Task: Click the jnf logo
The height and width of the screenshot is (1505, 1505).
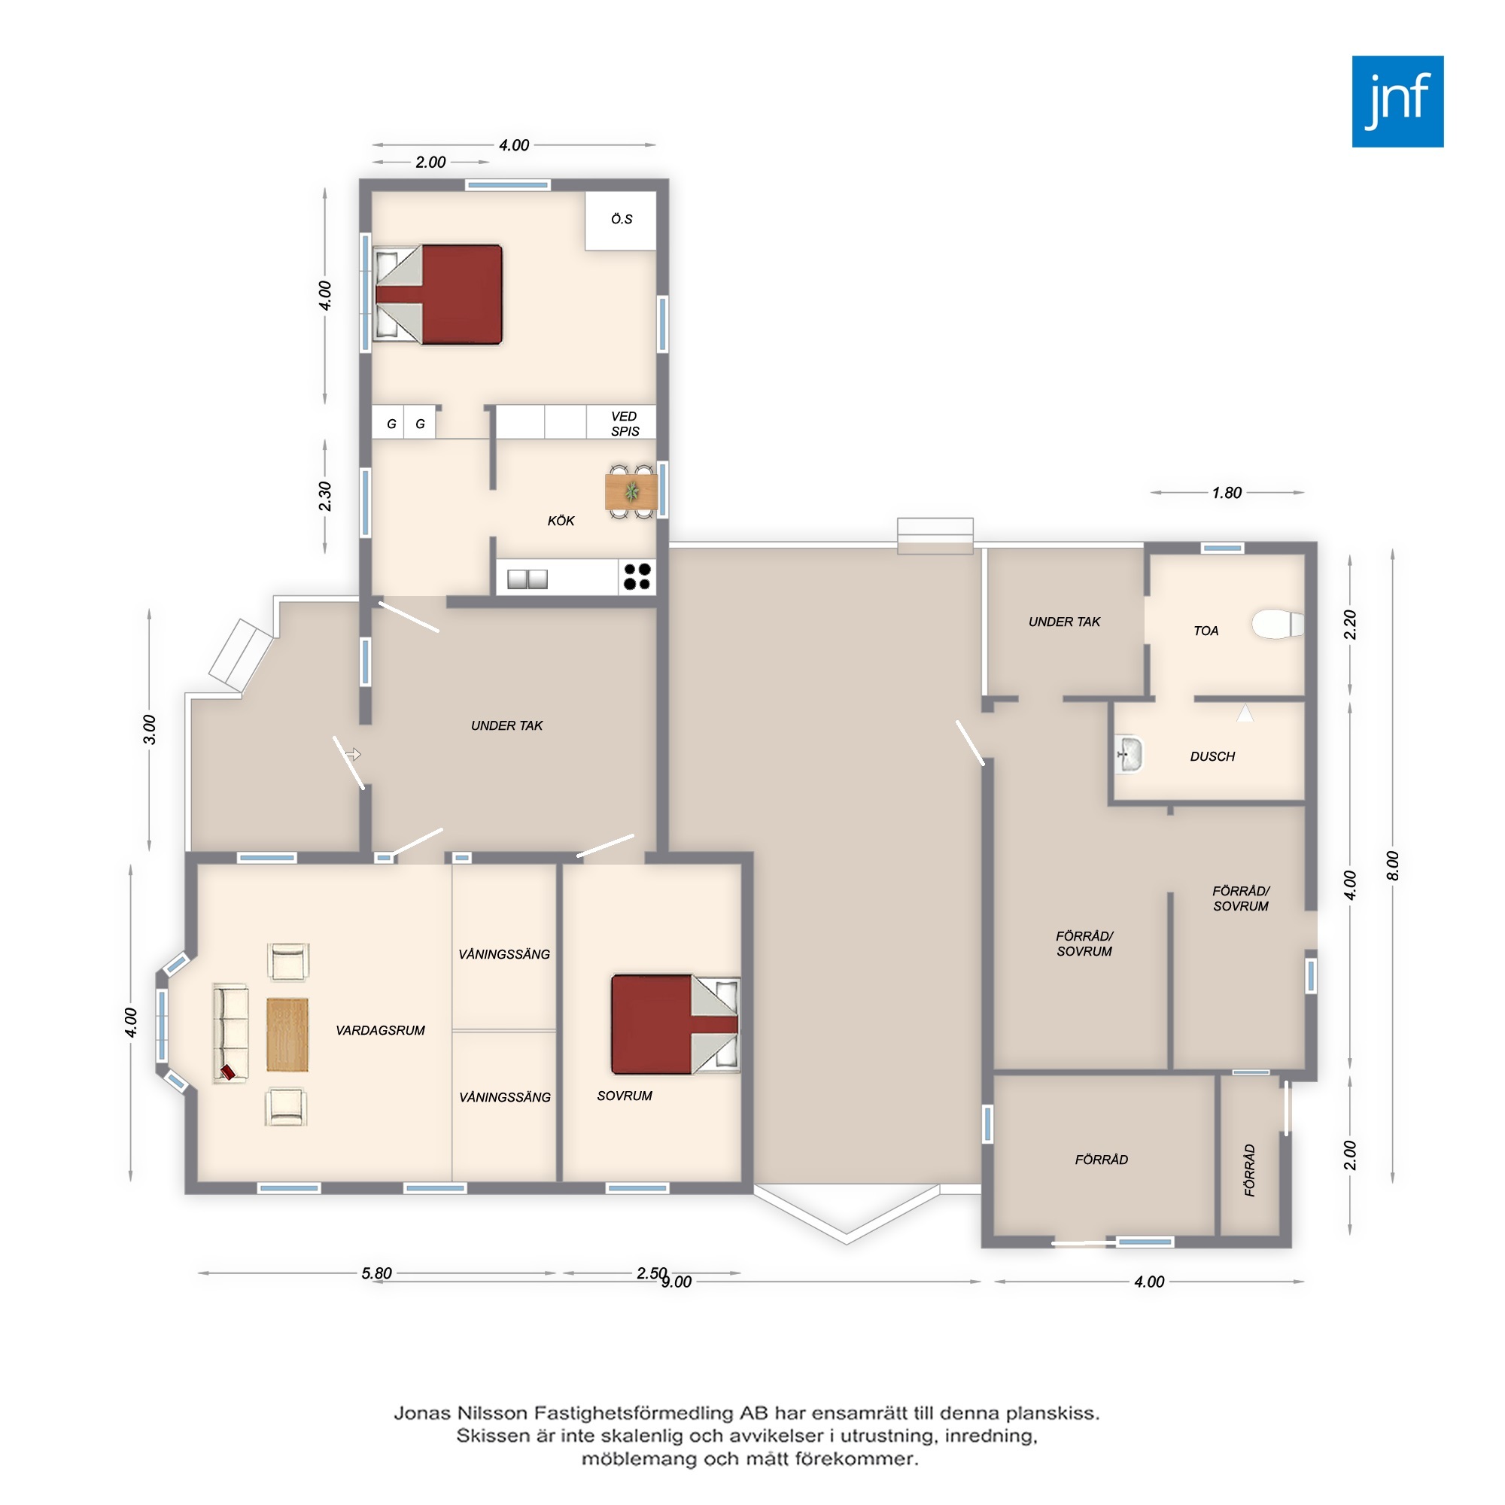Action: tap(1397, 102)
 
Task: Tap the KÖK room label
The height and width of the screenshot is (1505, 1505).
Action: tap(561, 521)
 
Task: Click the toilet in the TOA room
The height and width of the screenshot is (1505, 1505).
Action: tap(1278, 624)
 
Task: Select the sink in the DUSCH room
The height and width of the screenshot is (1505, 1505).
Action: tap(1129, 754)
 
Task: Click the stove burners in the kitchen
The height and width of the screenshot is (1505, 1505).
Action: tap(637, 577)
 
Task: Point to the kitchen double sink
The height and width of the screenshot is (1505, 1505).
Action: tap(528, 579)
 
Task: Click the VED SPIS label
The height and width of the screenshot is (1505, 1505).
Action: tap(625, 424)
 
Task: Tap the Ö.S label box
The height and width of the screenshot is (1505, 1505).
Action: tap(621, 220)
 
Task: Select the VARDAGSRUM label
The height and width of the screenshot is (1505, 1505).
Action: tap(380, 1030)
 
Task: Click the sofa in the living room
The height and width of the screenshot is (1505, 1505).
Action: tap(230, 1033)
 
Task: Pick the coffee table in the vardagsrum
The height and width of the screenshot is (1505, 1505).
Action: tap(287, 1035)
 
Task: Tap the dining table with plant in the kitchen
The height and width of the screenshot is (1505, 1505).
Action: tap(631, 491)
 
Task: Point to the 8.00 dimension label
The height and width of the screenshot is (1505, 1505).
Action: tap(1393, 866)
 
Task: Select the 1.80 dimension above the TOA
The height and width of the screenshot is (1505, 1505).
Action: tap(1227, 492)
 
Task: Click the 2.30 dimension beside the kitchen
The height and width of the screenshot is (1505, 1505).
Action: tap(325, 496)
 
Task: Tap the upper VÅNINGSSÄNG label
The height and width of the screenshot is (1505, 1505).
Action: tap(504, 954)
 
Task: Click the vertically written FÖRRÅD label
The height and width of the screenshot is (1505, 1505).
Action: tap(1249, 1169)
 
